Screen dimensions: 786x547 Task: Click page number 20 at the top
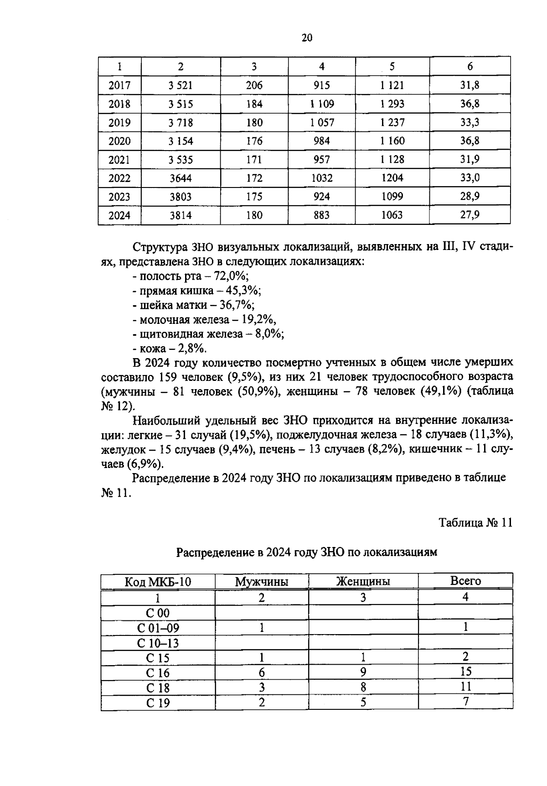pos(307,38)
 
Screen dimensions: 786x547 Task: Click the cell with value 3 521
pos(181,85)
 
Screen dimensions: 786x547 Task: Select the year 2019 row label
pos(119,123)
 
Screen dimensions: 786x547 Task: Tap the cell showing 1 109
pos(322,104)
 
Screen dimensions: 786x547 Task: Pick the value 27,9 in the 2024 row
pos(470,215)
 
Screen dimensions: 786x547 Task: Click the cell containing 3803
pos(181,197)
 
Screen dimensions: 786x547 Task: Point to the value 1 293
pos(392,104)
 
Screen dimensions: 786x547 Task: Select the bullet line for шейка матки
pos(194,305)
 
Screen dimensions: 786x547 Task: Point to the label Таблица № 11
pos(475,523)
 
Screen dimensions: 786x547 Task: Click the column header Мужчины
pos(262,582)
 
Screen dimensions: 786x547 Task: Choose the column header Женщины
pos(363,582)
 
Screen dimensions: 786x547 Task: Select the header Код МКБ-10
pos(158,582)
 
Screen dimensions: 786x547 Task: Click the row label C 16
pos(158,673)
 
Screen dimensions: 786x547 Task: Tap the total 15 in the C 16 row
pos(465,671)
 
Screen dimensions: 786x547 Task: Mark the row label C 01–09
pos(158,628)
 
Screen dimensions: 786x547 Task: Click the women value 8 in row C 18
pos(363,687)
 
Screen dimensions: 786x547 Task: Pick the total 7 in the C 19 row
pos(465,702)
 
